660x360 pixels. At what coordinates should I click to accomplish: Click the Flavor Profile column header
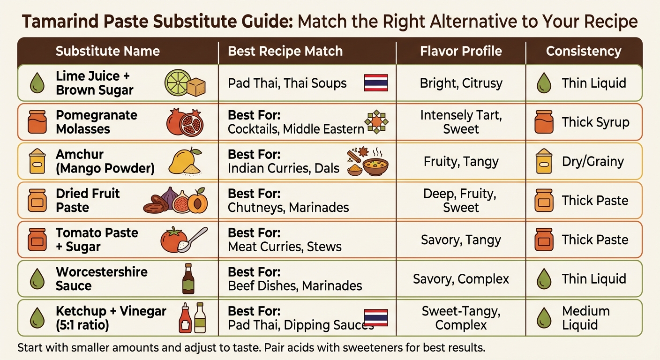click(x=461, y=51)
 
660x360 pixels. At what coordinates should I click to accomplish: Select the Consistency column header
click(x=584, y=51)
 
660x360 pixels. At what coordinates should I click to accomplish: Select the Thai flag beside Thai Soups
click(x=375, y=83)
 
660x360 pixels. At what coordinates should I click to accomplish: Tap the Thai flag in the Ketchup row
click(x=375, y=317)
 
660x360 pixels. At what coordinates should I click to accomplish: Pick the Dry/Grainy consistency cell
click(x=593, y=162)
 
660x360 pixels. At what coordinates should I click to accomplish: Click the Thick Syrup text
click(x=595, y=122)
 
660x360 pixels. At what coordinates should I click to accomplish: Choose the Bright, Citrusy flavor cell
click(x=461, y=83)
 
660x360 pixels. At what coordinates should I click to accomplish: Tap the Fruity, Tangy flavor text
click(x=461, y=162)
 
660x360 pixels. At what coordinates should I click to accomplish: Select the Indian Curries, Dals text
click(x=283, y=168)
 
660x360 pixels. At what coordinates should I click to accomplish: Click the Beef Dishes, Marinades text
click(x=295, y=285)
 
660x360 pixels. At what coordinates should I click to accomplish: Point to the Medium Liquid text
click(x=580, y=318)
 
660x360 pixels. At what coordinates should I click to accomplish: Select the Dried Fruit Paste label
click(x=88, y=200)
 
